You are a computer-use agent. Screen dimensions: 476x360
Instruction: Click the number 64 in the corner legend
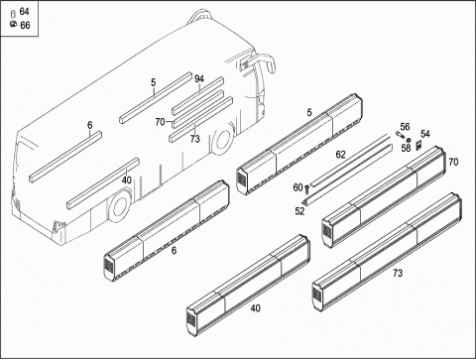pyautogui.click(x=24, y=12)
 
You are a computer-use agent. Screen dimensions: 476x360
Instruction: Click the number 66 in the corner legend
pyautogui.click(x=25, y=25)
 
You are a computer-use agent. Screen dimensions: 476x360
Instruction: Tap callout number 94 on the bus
pyautogui.click(x=199, y=79)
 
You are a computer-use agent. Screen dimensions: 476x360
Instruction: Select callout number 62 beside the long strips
pyautogui.click(x=340, y=155)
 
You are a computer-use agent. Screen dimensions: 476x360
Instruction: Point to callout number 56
pyautogui.click(x=405, y=127)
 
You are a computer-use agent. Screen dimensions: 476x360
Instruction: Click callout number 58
pyautogui.click(x=406, y=148)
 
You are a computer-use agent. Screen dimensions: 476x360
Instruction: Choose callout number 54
pyautogui.click(x=425, y=134)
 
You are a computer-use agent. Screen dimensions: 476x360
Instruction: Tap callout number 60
pyautogui.click(x=297, y=187)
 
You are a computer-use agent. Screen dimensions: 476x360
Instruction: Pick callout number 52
pyautogui.click(x=299, y=211)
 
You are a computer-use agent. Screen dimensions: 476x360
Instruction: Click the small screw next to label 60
pyautogui.click(x=306, y=189)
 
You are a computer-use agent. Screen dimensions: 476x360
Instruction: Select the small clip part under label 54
pyautogui.click(x=418, y=145)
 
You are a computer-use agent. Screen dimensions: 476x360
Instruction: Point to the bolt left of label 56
pyautogui.click(x=399, y=135)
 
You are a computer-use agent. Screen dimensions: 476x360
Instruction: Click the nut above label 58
pyautogui.click(x=409, y=140)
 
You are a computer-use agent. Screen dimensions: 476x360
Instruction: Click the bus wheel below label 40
pyautogui.click(x=119, y=205)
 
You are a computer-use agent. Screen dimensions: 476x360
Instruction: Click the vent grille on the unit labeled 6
pyautogui.click(x=107, y=265)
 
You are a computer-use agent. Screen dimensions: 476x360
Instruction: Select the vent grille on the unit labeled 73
pyautogui.click(x=316, y=294)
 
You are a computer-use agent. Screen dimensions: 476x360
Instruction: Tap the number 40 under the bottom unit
pyautogui.click(x=255, y=308)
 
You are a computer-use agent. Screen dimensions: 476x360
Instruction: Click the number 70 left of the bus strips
pyautogui.click(x=160, y=122)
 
